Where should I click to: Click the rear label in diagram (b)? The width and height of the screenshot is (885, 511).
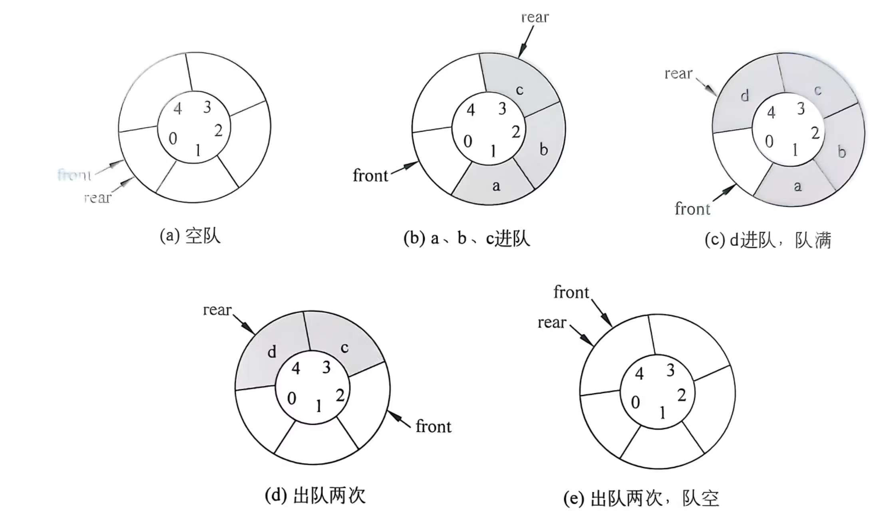click(x=535, y=18)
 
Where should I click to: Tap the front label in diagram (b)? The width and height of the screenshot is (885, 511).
click(x=370, y=176)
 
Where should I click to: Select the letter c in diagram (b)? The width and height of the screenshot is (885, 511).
click(x=519, y=90)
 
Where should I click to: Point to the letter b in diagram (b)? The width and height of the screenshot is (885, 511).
click(x=543, y=150)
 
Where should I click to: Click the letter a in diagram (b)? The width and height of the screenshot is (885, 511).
click(x=496, y=186)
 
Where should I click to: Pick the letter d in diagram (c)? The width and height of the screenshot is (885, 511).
click(x=744, y=96)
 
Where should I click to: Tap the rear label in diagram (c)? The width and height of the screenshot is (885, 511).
click(x=678, y=74)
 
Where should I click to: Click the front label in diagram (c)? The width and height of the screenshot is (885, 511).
click(x=692, y=209)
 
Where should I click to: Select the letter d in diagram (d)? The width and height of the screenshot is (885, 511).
click(x=272, y=352)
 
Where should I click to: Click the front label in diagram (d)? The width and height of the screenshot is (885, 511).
click(x=434, y=426)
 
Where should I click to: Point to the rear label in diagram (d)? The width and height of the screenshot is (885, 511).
click(x=217, y=310)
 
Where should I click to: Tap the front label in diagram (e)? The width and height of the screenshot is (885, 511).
click(x=571, y=293)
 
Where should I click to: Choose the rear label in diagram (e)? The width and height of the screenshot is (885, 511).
click(x=552, y=323)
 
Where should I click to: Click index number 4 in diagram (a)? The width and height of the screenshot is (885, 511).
click(x=178, y=109)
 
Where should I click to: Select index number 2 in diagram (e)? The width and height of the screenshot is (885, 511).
click(x=682, y=395)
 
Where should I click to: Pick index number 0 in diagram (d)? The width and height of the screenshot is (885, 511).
click(x=292, y=398)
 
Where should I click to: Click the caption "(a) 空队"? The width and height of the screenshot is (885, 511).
click(x=190, y=236)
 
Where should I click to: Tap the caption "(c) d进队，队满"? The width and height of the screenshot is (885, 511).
click(x=768, y=240)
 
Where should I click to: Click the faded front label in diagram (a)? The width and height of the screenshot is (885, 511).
click(x=75, y=175)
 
